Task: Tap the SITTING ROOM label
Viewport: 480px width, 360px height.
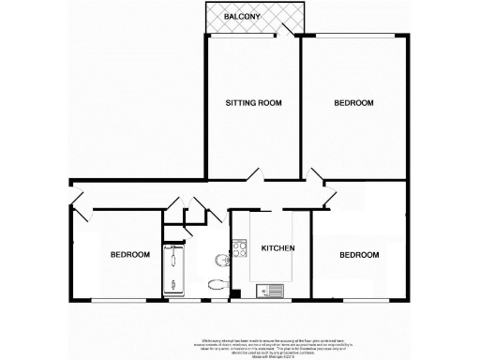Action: (252, 102)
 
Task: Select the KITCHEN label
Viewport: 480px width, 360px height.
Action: (278, 248)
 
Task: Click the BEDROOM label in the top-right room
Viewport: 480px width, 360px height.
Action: (354, 102)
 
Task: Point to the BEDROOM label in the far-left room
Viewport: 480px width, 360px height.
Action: (129, 255)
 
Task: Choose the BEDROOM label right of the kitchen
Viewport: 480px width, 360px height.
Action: (359, 255)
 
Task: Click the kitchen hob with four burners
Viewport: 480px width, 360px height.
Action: (240, 249)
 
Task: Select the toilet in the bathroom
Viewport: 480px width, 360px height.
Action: (216, 284)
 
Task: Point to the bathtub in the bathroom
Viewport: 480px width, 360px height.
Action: (175, 272)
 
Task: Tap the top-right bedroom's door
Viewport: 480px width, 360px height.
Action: (317, 174)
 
